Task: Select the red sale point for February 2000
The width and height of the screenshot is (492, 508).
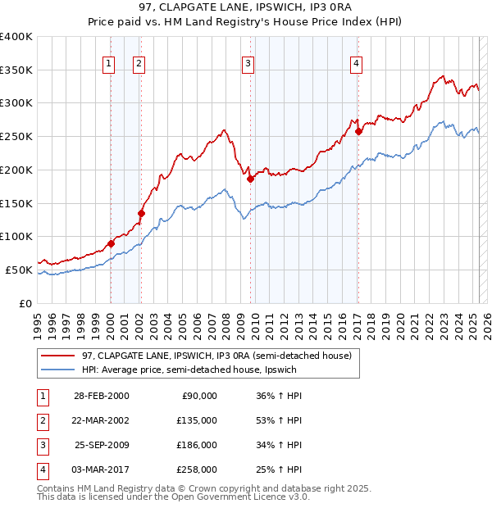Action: click(111, 243)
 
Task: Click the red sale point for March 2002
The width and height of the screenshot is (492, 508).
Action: click(141, 214)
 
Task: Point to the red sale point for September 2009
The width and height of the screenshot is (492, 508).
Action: click(250, 179)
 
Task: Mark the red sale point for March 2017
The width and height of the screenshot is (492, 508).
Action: click(358, 131)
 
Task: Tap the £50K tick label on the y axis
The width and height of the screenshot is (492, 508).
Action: click(19, 270)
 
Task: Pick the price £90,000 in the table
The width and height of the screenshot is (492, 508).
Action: click(199, 396)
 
